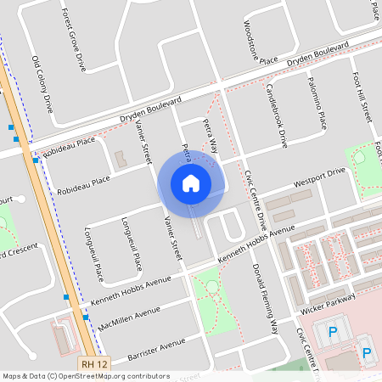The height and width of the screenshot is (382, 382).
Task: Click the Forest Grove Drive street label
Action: [73, 40]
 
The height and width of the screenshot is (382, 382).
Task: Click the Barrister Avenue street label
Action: [155, 349]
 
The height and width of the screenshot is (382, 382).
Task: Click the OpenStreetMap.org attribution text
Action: [110, 376]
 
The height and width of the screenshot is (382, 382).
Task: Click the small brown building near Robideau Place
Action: [119, 159]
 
